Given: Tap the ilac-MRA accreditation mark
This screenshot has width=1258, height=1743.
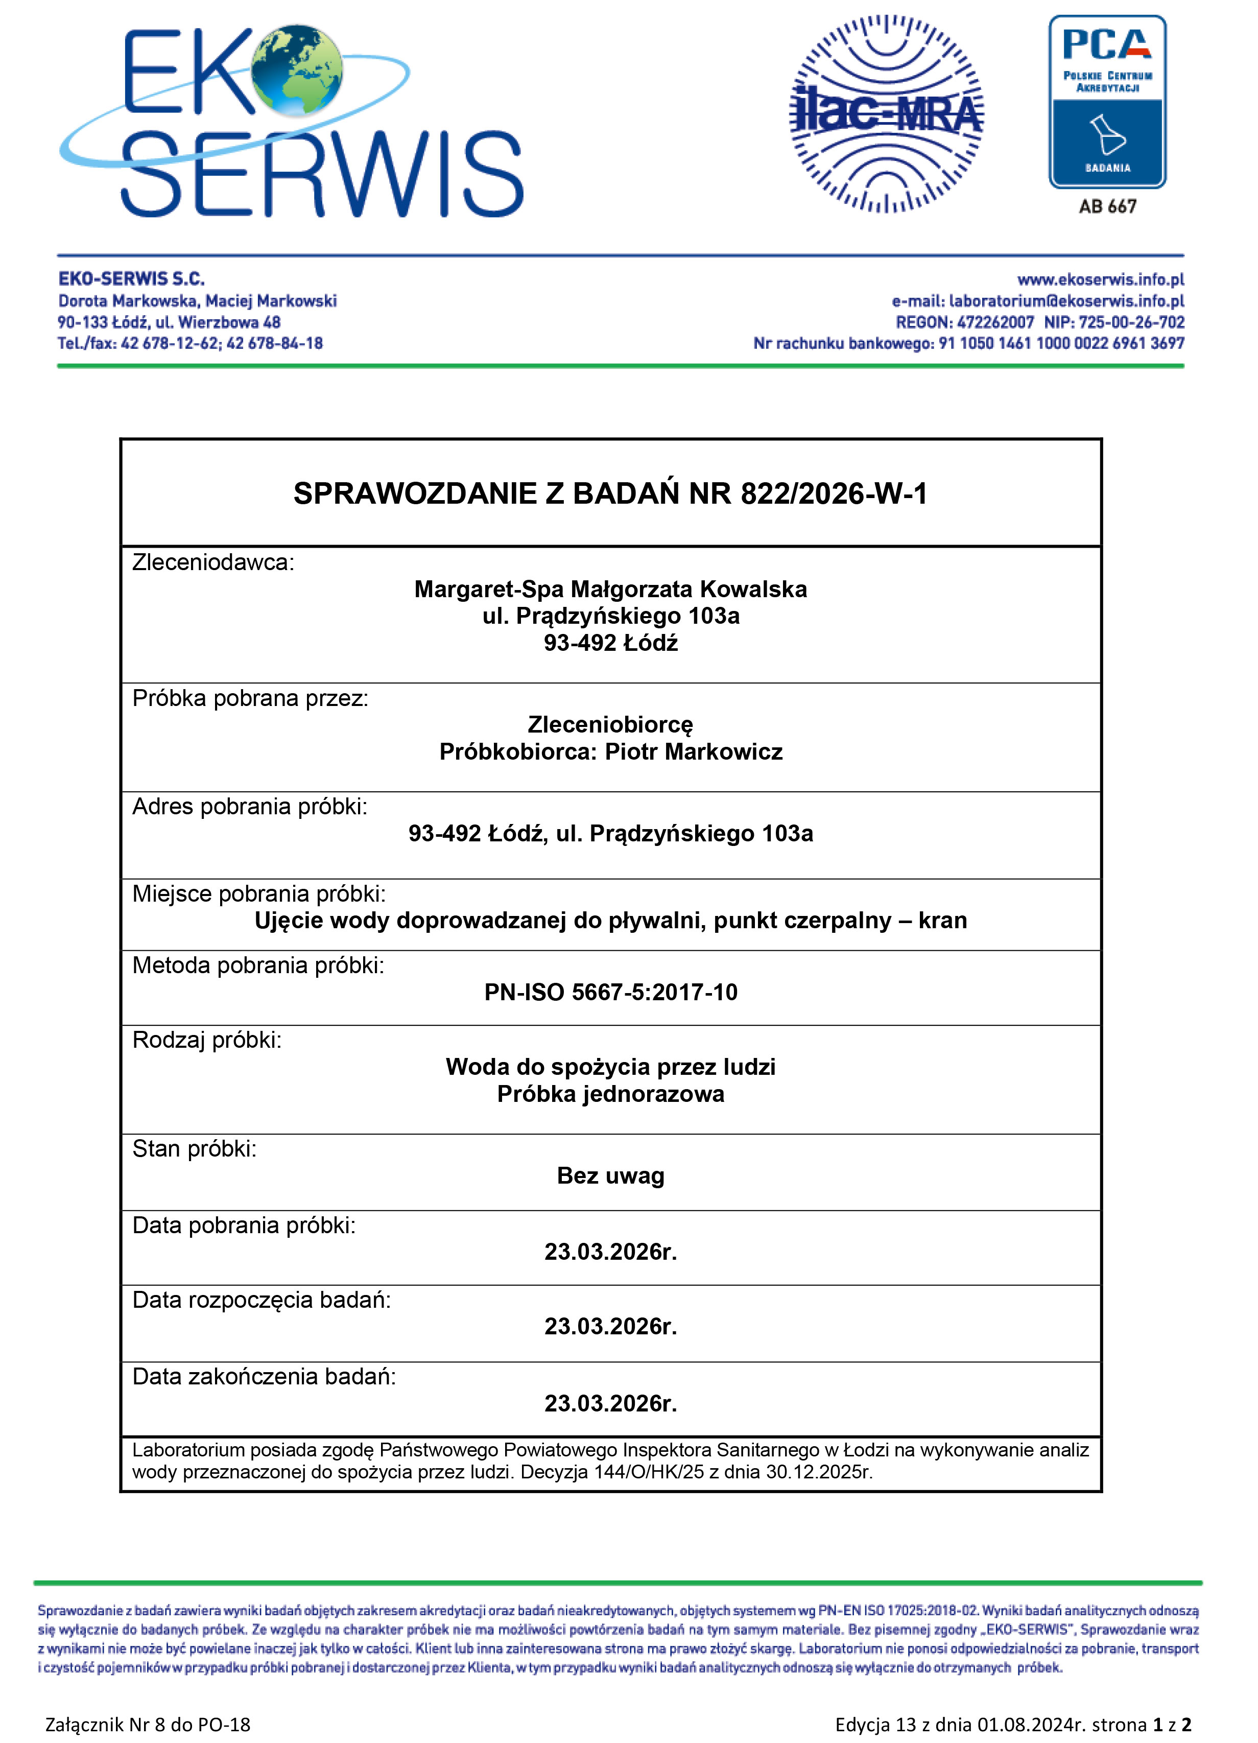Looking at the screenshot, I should pyautogui.click(x=886, y=114).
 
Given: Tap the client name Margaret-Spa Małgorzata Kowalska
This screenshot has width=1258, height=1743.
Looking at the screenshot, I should pyautogui.click(x=610, y=590).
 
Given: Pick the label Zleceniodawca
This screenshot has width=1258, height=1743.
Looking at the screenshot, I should pyautogui.click(x=213, y=562).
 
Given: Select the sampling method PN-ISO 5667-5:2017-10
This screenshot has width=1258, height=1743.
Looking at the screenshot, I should pyautogui.click(x=610, y=992).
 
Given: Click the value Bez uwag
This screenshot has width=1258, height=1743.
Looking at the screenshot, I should pyautogui.click(x=610, y=1176).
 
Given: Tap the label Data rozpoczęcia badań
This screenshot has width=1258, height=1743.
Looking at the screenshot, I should pyautogui.click(x=262, y=1300).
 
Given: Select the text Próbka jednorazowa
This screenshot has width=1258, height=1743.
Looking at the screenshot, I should pyautogui.click(x=610, y=1094).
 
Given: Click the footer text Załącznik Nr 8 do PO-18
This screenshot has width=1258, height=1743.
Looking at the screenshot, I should pyautogui.click(x=148, y=1725).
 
